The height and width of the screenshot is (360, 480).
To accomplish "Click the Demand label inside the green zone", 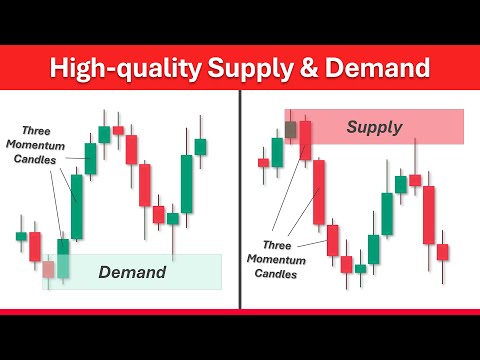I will (131, 271).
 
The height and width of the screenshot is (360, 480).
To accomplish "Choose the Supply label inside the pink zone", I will (373, 127).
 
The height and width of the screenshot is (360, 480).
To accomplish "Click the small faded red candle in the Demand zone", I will (48, 268).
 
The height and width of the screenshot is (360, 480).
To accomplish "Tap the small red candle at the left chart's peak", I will (118, 130).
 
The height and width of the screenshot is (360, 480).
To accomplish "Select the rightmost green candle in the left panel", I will (200, 146).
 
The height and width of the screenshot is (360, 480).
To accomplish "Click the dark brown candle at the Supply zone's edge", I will (291, 129).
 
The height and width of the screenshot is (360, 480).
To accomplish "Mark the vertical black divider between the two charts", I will (241, 200).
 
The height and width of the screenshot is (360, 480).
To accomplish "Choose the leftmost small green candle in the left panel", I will (21, 236).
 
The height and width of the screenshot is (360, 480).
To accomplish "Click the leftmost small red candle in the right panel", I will (263, 162).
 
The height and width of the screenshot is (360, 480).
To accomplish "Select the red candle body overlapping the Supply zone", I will (306, 139).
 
